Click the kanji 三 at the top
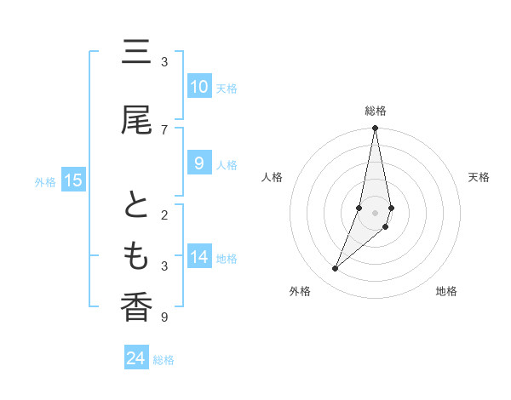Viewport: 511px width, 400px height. click(136, 55)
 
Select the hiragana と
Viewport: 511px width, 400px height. click(136, 207)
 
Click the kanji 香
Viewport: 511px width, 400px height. click(136, 307)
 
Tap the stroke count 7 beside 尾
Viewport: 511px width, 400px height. click(164, 129)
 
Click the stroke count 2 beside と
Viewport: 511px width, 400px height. click(164, 214)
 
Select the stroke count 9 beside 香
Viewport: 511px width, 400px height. click(164, 317)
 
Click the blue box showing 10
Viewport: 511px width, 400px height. click(198, 87)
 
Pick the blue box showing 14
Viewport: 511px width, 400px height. click(198, 257)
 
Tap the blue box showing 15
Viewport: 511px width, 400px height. click(73, 180)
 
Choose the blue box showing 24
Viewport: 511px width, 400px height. click(135, 358)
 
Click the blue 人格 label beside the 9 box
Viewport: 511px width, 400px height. click(227, 165)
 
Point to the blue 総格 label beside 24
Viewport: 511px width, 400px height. click(164, 360)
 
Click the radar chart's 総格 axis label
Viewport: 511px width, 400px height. click(376, 111)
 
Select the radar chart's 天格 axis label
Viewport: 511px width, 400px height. click(479, 177)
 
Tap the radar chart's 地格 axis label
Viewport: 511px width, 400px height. click(446, 292)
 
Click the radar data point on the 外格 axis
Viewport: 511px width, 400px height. click(336, 268)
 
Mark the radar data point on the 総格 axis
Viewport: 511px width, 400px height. click(375, 129)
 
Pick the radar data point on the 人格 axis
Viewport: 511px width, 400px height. click(359, 208)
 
